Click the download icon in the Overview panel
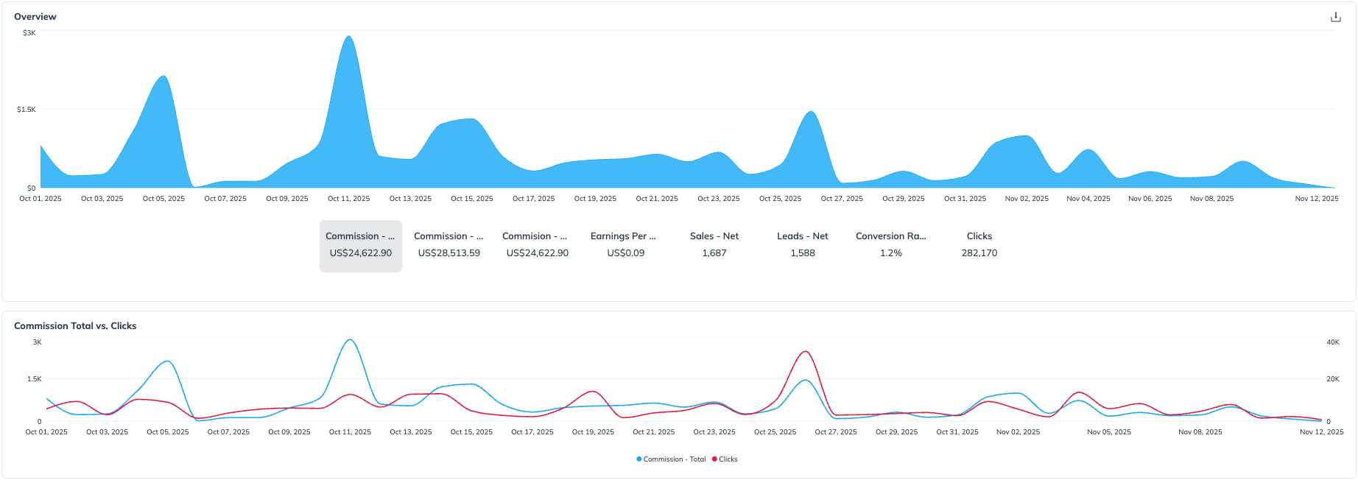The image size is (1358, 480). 1335,17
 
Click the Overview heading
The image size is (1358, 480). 35,17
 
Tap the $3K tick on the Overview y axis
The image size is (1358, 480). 29,33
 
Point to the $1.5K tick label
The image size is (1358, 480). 27,110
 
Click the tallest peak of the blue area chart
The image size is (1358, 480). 349,38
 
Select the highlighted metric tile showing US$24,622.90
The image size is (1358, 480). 361,246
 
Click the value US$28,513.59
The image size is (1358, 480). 448,253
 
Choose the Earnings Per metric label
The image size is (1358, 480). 623,236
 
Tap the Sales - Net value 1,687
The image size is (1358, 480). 714,253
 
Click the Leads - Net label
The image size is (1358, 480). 803,236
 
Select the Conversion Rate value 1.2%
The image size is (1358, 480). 891,253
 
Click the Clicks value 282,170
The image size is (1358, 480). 979,253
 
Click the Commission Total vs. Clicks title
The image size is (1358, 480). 75,326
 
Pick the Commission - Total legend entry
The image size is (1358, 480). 671,459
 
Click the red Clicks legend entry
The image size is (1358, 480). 725,459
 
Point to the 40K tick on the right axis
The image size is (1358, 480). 1333,342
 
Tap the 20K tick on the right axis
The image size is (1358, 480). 1333,379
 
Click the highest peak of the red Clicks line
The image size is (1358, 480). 806,352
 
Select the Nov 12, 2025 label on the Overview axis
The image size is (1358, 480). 1317,199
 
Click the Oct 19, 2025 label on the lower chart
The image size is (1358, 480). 593,432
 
